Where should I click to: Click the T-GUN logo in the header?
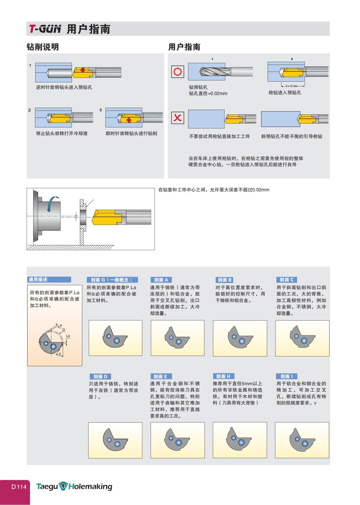coord(45,29)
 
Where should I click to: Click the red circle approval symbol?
coord(178,72)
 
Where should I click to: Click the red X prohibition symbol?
coord(178,118)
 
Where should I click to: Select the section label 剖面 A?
coord(161,280)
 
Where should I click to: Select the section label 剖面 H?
coord(223,376)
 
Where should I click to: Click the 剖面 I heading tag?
coord(286,376)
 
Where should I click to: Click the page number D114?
coord(19,487)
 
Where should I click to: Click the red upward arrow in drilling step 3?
coord(129,120)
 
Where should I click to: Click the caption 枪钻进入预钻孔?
coord(284,93)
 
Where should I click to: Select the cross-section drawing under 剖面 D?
coord(115,440)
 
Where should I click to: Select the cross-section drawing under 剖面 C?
coord(302,338)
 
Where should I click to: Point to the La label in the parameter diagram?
coord(68,336)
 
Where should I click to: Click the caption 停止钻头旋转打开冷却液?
coord(62,133)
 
